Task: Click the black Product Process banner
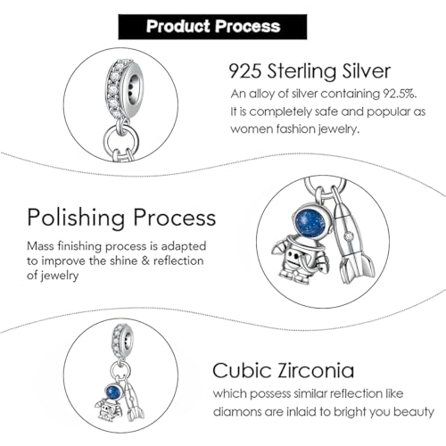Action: (212, 27)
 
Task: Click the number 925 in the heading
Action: (245, 71)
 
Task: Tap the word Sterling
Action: (301, 72)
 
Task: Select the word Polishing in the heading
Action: (76, 219)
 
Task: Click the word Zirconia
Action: (316, 370)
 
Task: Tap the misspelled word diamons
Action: (235, 412)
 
